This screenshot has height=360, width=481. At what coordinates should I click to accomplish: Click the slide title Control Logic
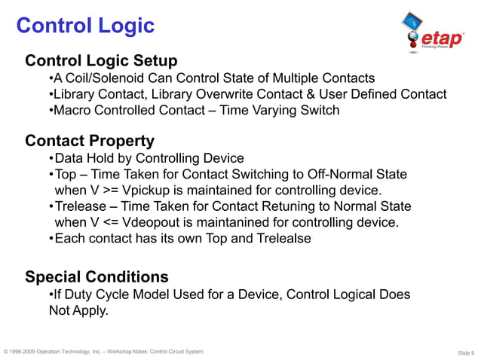click(85, 26)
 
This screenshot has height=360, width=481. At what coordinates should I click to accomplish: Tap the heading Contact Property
click(90, 141)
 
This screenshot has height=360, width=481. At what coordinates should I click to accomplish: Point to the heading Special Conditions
click(97, 277)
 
